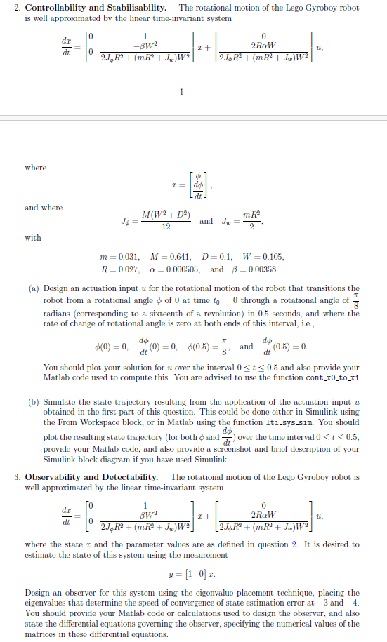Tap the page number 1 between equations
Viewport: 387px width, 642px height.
(x=181, y=91)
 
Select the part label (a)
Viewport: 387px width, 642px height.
(x=34, y=288)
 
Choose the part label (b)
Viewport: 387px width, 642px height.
(x=34, y=403)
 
